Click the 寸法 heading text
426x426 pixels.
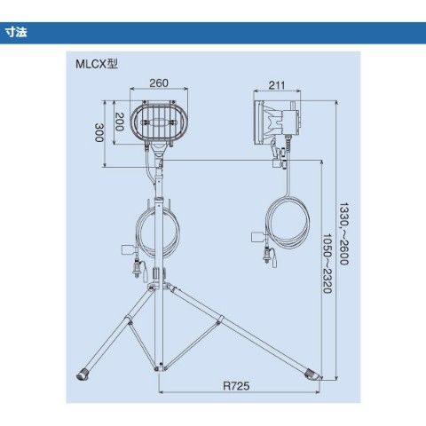[16, 32]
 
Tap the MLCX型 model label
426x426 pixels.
[97, 64]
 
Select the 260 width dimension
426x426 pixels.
[159, 83]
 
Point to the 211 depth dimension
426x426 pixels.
[277, 85]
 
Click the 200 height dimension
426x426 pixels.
[119, 122]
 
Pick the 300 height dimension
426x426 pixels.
[99, 132]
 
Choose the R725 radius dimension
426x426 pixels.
[236, 386]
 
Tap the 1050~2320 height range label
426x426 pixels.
[327, 264]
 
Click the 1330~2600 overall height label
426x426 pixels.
[344, 233]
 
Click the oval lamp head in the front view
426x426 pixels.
[160, 121]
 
